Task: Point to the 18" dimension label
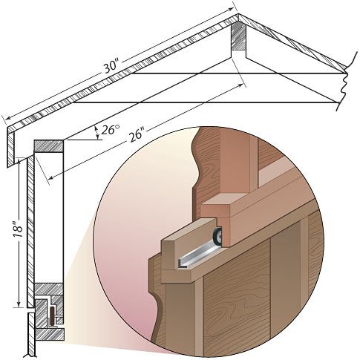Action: point(19,232)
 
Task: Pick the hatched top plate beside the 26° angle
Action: point(48,146)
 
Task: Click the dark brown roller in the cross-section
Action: point(52,315)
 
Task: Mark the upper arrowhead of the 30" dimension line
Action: point(231,9)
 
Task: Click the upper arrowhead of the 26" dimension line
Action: point(240,85)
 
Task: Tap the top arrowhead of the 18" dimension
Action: point(19,160)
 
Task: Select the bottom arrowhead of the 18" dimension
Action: point(19,304)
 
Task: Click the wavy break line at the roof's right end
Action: point(347,80)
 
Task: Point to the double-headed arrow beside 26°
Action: point(97,132)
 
